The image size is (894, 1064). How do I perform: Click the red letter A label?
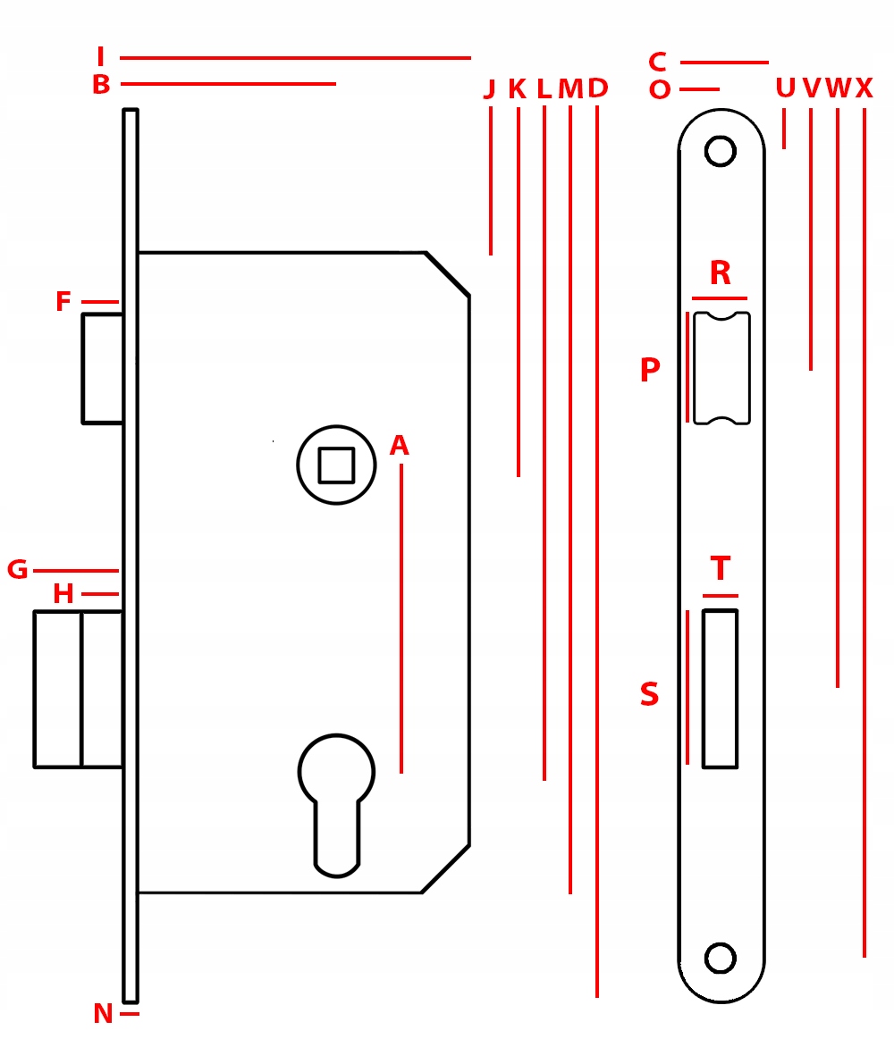tap(399, 446)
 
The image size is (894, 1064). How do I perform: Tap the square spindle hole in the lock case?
tap(336, 465)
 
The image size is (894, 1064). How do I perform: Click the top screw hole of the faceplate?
tap(720, 151)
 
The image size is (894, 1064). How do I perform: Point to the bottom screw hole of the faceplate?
tap(720, 958)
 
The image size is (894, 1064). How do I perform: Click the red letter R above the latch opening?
tap(720, 273)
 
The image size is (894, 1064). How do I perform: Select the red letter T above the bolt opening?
tap(721, 569)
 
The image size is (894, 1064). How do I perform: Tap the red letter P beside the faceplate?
tap(650, 371)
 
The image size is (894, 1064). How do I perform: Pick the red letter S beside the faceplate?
tap(650, 695)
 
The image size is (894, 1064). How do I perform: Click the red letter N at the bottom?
tap(103, 1014)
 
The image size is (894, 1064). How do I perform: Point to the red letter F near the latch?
tap(63, 302)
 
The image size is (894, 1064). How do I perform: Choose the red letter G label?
tap(18, 570)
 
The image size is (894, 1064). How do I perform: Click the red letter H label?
tap(63, 594)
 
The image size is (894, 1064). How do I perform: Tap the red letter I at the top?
tap(101, 58)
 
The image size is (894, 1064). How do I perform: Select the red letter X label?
tap(864, 88)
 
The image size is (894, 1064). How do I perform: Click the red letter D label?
tap(597, 88)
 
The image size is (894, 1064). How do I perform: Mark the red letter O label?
tap(660, 90)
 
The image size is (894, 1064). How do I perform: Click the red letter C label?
tap(657, 63)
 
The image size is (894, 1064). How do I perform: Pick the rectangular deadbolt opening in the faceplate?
tap(720, 689)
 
